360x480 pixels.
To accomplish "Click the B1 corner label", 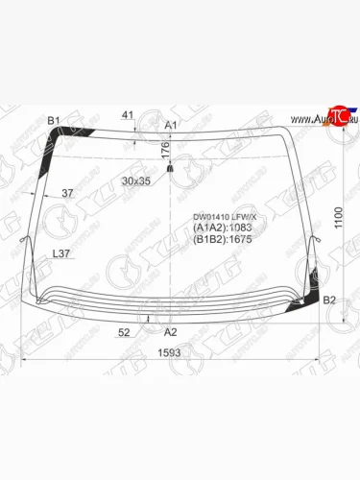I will (54, 120).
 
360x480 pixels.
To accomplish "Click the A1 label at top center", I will (171, 126).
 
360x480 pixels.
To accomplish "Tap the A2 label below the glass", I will (171, 331).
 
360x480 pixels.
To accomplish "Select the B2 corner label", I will (329, 300).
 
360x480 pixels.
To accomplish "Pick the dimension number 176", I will (164, 149).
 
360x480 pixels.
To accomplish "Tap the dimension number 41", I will (129, 116).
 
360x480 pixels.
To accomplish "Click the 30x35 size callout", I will (136, 180).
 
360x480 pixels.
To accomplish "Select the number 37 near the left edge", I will (67, 194).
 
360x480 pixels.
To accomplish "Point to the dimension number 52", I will (124, 332).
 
